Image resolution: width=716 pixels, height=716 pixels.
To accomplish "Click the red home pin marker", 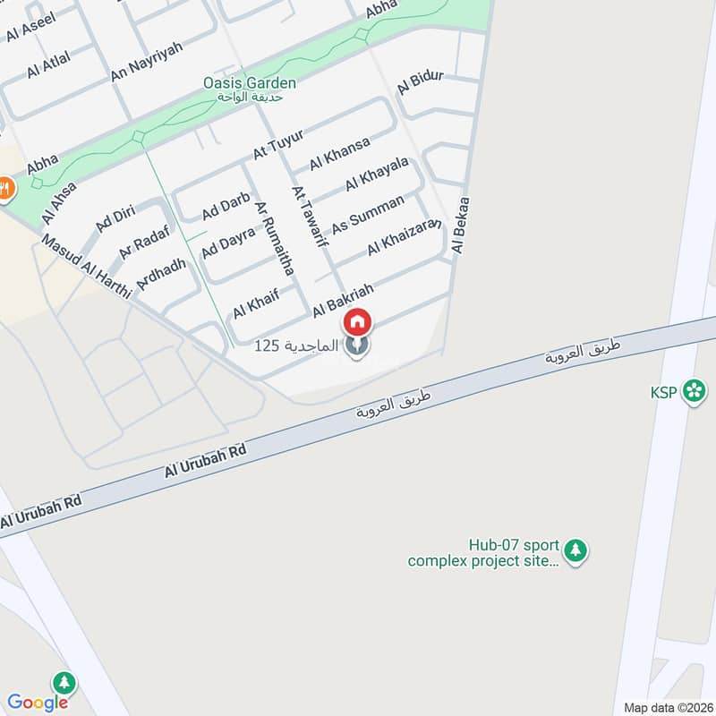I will (357, 321).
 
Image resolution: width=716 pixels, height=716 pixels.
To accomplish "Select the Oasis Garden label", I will (249, 83).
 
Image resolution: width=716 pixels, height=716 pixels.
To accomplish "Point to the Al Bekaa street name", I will (462, 226).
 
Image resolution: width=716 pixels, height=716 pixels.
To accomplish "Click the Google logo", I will (38, 702).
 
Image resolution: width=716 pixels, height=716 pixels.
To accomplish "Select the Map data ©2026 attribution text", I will (666, 707).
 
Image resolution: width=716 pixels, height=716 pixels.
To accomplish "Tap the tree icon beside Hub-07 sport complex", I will (577, 550).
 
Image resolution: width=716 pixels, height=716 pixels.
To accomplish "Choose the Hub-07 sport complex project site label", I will (483, 553).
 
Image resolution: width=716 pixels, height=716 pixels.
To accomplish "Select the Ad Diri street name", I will (114, 217).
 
